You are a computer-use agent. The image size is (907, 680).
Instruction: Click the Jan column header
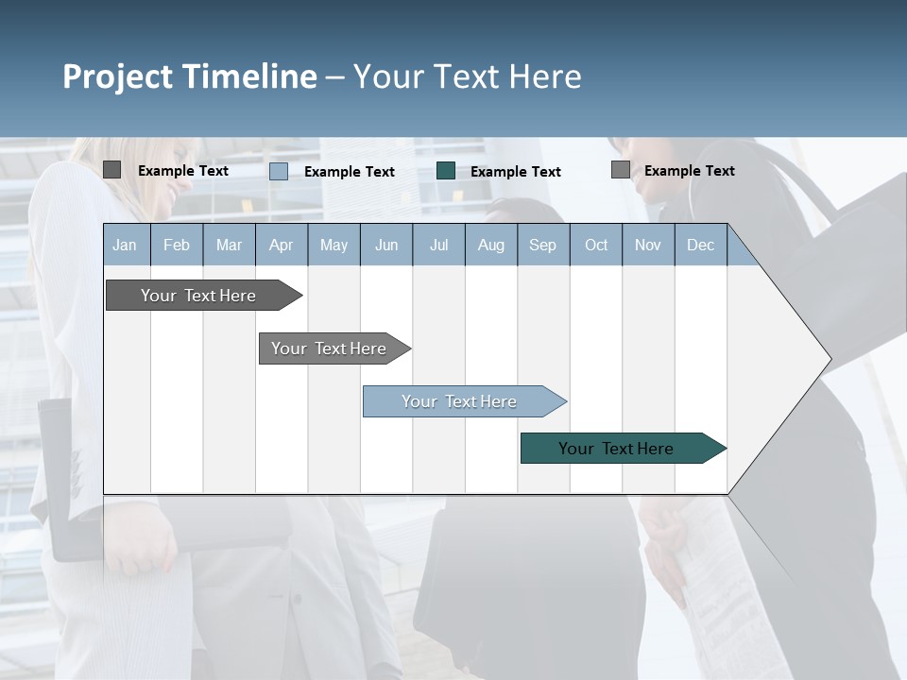126,245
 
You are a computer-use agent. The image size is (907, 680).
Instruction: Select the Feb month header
177,245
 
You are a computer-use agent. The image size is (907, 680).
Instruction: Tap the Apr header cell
282,245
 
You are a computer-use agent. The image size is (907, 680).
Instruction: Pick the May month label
334,245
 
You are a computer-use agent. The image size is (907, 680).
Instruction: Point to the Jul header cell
438,245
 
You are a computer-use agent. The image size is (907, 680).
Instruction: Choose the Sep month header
543,245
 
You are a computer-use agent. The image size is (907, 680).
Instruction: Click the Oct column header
596,245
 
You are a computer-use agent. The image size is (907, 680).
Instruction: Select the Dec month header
701,245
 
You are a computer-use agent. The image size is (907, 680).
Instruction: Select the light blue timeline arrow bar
460,401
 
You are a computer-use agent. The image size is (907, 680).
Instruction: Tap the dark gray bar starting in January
198,296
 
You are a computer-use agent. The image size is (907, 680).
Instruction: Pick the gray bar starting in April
330,348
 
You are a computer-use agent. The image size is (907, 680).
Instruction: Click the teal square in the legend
446,171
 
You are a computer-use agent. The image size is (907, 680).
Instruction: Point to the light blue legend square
279,171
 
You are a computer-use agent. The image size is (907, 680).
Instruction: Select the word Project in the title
117,76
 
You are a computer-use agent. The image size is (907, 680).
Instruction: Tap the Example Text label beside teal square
515,172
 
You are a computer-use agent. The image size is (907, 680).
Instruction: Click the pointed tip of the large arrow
829,359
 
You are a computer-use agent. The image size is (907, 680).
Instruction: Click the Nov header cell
648,245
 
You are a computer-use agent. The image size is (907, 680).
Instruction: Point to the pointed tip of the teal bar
724,449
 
